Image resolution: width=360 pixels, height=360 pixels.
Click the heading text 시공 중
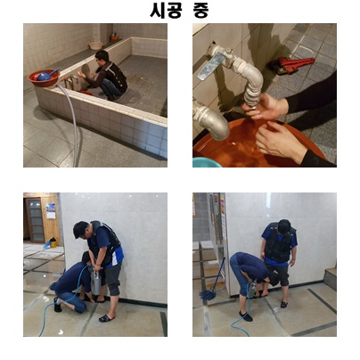click(x=179, y=11)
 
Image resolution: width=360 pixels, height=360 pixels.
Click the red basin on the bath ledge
click(x=44, y=78)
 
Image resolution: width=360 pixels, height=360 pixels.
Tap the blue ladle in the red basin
click(x=46, y=75)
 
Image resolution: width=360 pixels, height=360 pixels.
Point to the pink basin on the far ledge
click(x=95, y=45)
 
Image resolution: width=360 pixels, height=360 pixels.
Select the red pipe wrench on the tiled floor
click(x=292, y=65)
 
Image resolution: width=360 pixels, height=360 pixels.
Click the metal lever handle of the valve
click(x=209, y=66)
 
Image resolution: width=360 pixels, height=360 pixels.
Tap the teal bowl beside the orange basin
click(x=207, y=162)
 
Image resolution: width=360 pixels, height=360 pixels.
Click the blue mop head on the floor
click(x=208, y=295)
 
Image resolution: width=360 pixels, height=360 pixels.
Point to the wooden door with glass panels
click(x=35, y=220)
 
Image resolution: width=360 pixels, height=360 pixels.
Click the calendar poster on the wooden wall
click(x=51, y=211)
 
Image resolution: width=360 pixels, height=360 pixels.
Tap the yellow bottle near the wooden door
click(x=53, y=242)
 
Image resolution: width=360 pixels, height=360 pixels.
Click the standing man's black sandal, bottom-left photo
click(x=107, y=318)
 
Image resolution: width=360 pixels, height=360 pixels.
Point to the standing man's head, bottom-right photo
click(x=284, y=226)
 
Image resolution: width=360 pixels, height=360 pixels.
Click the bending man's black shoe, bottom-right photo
click(x=246, y=316)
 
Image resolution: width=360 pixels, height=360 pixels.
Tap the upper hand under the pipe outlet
click(x=266, y=105)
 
